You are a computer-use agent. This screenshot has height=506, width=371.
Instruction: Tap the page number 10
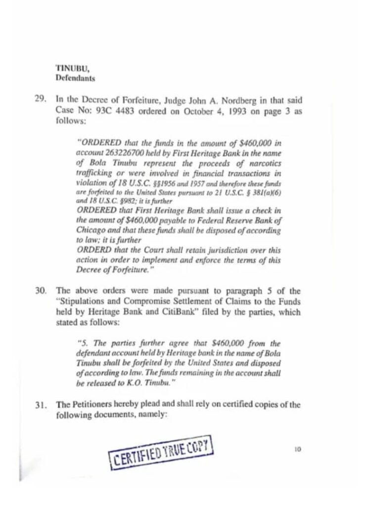[x=297, y=449]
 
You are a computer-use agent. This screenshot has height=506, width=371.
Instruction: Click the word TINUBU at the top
[x=69, y=69]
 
